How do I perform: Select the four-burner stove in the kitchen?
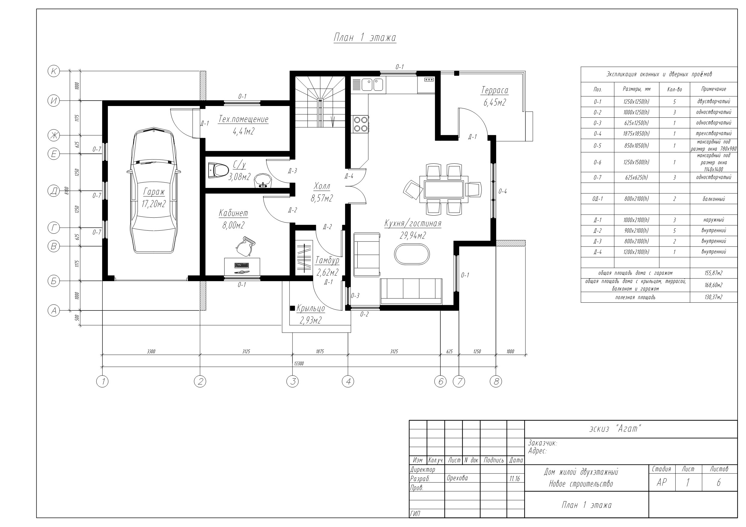click(361, 124)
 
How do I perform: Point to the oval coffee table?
click(412, 254)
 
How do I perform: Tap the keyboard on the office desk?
click(241, 265)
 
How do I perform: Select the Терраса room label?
click(494, 90)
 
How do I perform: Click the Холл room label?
click(322, 186)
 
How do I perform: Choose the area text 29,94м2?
click(413, 235)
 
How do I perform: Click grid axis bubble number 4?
click(348, 382)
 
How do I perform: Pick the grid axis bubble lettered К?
click(54, 71)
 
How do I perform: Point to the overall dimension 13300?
click(298, 363)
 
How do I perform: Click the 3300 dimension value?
click(151, 351)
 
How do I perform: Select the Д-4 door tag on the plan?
click(349, 176)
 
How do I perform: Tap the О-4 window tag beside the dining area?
click(503, 191)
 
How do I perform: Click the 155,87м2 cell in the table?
click(714, 273)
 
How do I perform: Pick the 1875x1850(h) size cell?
click(636, 133)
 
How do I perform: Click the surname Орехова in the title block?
click(457, 478)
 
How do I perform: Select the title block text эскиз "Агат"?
click(615, 429)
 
